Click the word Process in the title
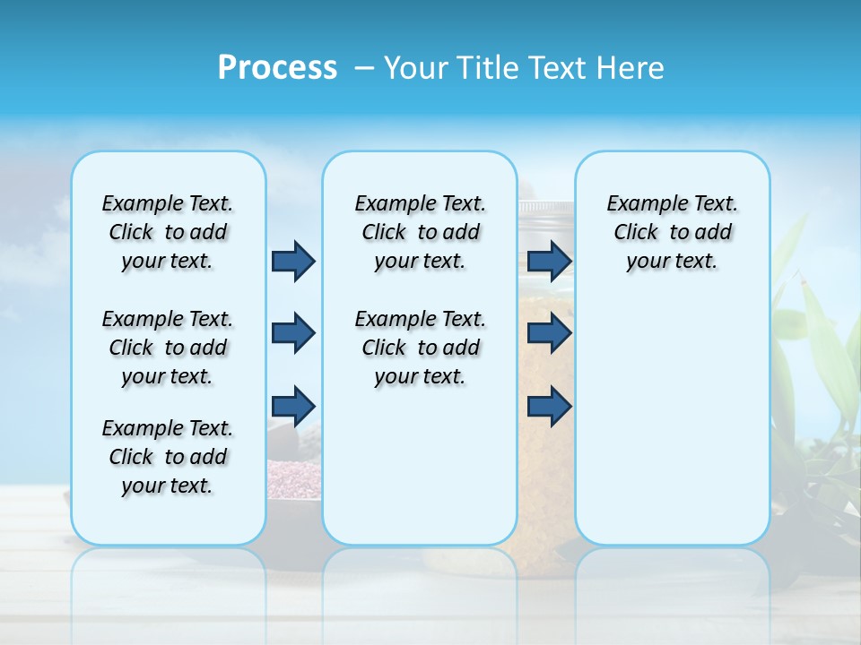click(277, 67)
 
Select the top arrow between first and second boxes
click(293, 261)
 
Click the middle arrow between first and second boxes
click(293, 333)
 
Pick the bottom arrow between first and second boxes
click(293, 405)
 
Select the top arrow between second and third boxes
click(549, 261)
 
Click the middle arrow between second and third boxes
click(549, 333)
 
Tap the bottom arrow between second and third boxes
click(549, 405)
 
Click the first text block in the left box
click(168, 232)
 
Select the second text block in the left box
click(168, 348)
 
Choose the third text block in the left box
click(168, 457)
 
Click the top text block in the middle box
click(420, 232)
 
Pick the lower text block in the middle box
click(420, 348)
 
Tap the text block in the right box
click(672, 232)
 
